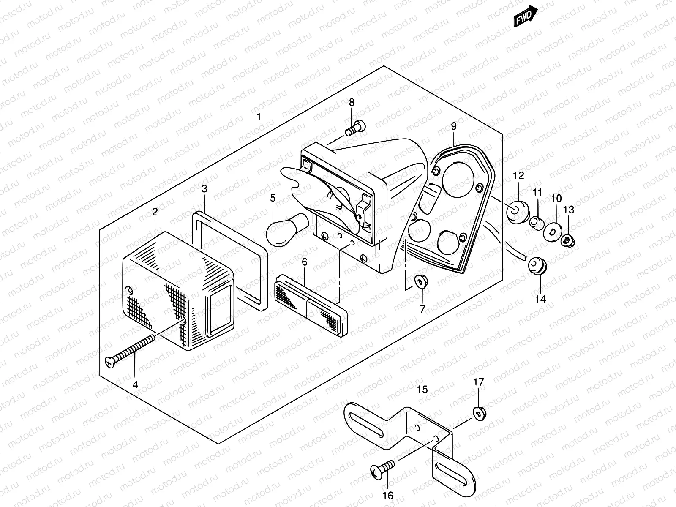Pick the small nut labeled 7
[x=420, y=281]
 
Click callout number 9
[x=453, y=125]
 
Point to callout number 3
[x=204, y=188]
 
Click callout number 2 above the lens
[x=155, y=212]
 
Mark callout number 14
[x=540, y=299]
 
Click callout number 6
[x=304, y=262]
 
